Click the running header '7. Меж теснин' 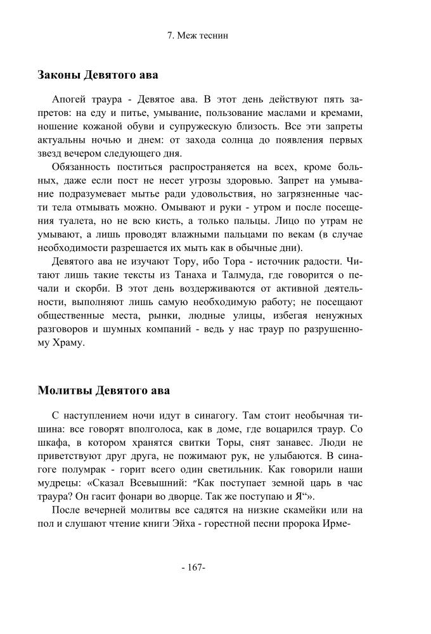[197, 36]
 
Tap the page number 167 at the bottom [193, 567]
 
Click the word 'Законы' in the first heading [60, 75]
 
